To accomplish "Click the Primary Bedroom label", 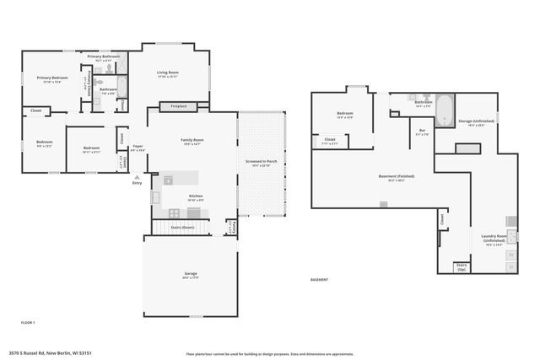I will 51,79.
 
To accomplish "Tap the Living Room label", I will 168,74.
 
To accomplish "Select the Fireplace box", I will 179,106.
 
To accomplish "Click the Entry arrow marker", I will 138,178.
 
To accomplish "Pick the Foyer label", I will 137,148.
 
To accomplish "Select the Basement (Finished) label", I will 390,178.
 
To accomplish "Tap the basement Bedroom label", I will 345,115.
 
